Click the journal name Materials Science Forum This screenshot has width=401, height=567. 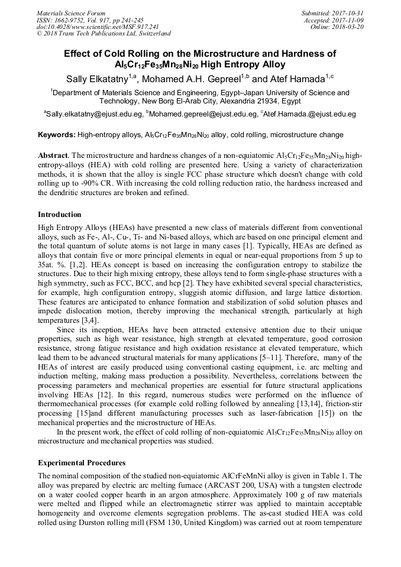point(71,13)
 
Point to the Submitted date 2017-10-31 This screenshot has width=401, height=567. point(350,13)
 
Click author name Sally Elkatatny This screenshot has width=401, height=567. point(95,79)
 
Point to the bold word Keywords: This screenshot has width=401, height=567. point(57,135)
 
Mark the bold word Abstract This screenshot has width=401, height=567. point(52,155)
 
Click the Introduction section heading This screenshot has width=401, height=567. point(60,215)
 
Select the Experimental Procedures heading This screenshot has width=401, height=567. point(81,462)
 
